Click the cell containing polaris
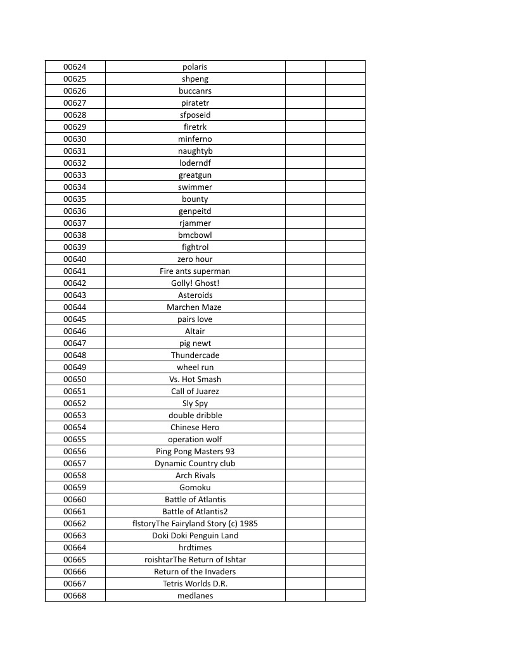(x=195, y=67)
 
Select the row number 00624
(x=75, y=67)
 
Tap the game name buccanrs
(x=195, y=91)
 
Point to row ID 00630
(x=75, y=139)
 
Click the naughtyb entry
(x=195, y=151)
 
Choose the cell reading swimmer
(x=195, y=187)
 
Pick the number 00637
(x=75, y=223)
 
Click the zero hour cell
(x=195, y=259)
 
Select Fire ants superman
(x=195, y=271)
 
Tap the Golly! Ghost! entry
(x=195, y=283)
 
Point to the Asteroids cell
(x=195, y=295)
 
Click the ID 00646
(x=75, y=331)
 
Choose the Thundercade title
(x=195, y=356)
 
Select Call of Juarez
(x=195, y=392)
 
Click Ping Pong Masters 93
(x=195, y=452)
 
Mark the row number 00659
(x=75, y=488)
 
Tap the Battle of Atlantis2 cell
(x=195, y=512)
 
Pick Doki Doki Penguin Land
(x=195, y=536)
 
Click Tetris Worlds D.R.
(x=195, y=584)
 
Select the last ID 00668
(x=75, y=596)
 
